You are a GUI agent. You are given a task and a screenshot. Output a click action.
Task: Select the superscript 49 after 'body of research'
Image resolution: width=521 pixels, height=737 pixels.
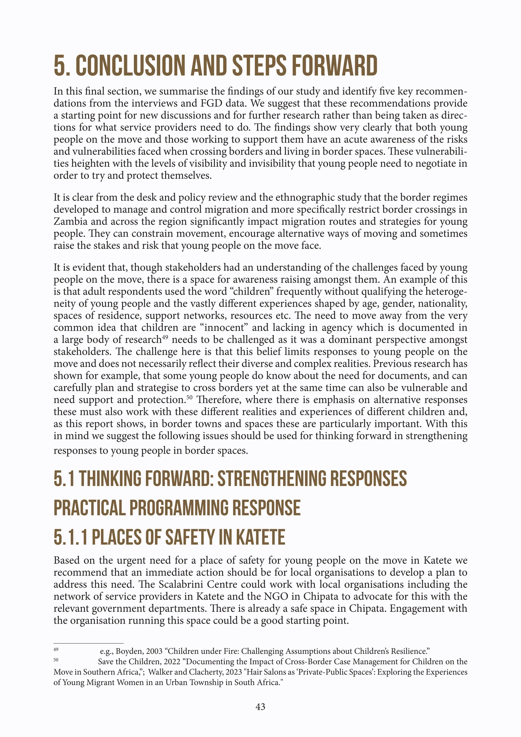pyautogui.click(x=165, y=337)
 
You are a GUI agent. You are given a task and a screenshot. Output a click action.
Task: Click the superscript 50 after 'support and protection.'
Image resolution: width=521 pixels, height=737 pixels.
pyautogui.click(x=189, y=398)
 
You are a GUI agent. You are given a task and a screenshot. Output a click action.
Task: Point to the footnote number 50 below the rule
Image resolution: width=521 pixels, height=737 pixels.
pyautogui.click(x=56, y=660)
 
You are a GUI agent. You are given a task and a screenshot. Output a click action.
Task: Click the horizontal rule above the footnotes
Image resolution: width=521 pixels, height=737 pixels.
pyautogui.click(x=88, y=643)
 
